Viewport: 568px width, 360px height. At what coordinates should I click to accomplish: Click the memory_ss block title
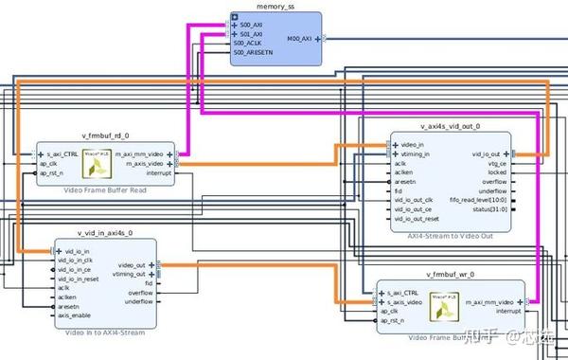(275, 6)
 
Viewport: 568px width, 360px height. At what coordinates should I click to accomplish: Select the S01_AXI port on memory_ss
(252, 33)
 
